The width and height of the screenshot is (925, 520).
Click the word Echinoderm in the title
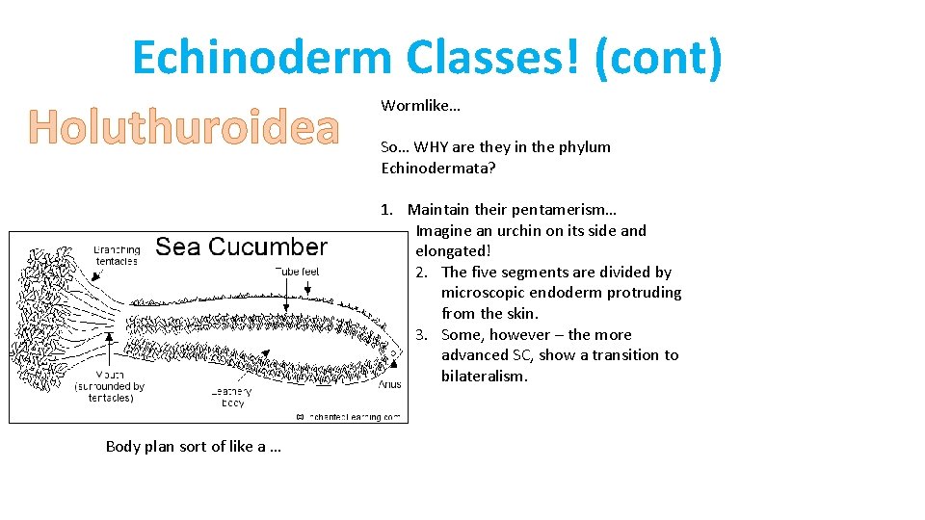(262, 58)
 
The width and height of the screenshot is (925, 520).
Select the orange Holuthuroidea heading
(183, 127)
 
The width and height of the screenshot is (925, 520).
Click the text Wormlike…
(420, 105)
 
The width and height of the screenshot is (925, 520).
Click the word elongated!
(453, 251)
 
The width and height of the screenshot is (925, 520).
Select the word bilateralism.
(485, 377)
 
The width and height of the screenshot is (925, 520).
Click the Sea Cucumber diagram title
(241, 247)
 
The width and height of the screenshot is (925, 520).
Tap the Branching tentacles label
(117, 255)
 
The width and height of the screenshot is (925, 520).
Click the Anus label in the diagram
(389, 384)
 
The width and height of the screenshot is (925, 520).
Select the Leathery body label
(232, 398)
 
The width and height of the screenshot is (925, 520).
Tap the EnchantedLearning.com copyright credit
(351, 417)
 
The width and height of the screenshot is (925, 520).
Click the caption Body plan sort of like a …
(193, 446)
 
